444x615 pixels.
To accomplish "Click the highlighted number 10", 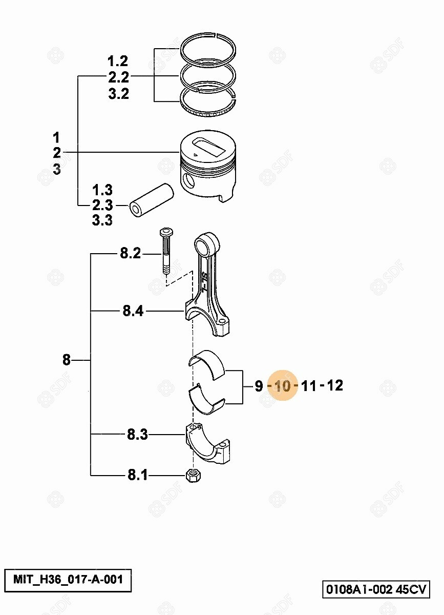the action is coord(282,386).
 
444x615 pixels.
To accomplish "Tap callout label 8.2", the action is coord(131,253).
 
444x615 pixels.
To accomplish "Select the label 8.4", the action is coord(133,311).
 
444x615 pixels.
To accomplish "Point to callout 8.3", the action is coord(137,435).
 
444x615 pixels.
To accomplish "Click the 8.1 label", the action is coord(137,475).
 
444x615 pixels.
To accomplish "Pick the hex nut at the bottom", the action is coord(194,475).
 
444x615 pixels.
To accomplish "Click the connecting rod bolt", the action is coord(166,251).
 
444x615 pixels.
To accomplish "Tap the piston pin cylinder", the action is coord(152,200).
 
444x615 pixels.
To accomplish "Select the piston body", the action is coord(208,165).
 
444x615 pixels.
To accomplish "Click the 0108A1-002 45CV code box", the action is coord(376,587).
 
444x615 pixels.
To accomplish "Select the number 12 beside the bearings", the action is coord(335,385).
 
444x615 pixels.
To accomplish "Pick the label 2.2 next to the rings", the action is coord(118,77).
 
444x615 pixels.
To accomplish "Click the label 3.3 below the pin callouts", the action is coord(102,220).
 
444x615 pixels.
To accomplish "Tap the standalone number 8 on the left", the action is coord(67,360).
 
